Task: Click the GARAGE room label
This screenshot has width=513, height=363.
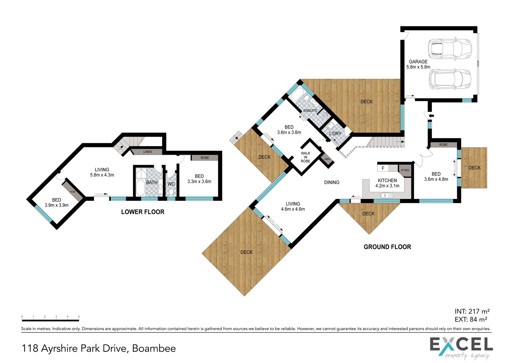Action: coord(418,62)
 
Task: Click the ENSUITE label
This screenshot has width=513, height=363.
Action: coord(310,110)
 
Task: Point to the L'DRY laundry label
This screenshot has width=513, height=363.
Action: coord(335,134)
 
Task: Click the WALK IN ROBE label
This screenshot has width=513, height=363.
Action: coord(306,157)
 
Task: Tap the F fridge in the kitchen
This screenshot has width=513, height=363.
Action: coord(383,169)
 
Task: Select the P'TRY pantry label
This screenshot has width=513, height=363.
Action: coord(405,170)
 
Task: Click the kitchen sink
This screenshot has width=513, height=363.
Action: coord(387,195)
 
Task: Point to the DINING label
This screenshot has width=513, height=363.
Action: coord(332,182)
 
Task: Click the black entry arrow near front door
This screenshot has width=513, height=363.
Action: coord(431,116)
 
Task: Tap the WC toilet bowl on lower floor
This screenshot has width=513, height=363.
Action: coord(171,192)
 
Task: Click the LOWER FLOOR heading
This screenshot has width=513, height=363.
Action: coord(143,212)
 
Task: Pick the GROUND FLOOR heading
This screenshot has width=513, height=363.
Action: coord(387,247)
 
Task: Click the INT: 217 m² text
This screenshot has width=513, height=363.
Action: coord(472,311)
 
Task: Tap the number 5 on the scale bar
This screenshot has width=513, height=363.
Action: coord(79,317)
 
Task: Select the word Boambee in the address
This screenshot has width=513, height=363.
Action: coord(154,348)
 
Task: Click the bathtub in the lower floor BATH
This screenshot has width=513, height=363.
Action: coord(140,188)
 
